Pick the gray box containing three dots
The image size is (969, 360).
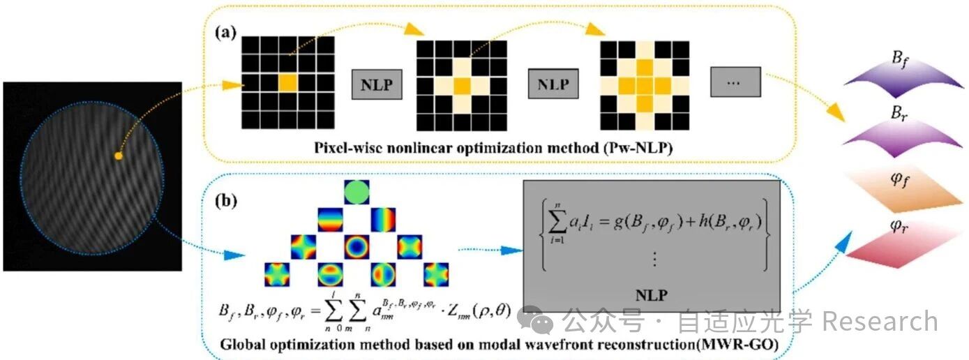pyautogui.click(x=735, y=84)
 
